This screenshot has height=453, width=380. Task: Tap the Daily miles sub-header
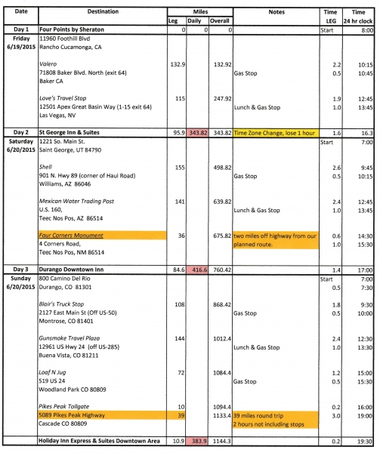[x=197, y=21]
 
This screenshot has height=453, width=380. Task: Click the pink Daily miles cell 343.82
[x=197, y=132]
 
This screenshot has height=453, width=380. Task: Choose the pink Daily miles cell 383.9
[x=198, y=440]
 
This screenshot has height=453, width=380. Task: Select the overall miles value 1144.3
[x=220, y=440]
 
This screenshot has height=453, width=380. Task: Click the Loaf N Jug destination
[x=54, y=372]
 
